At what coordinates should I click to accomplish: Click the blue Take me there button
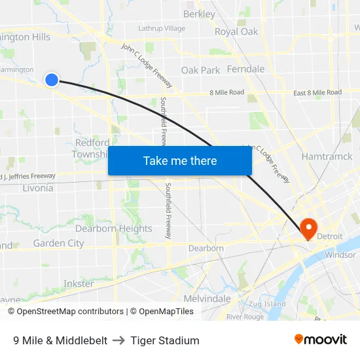[180, 160]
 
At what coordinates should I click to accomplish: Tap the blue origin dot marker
[52, 80]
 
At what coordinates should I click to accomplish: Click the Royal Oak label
[236, 31]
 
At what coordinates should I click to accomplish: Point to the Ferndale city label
[245, 69]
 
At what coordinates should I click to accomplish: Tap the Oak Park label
[200, 70]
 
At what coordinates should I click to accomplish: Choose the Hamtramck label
[327, 156]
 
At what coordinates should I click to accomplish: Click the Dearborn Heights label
[113, 228]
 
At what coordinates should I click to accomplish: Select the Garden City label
[58, 243]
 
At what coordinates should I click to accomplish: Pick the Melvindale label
[207, 298]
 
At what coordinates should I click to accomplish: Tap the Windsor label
[340, 255]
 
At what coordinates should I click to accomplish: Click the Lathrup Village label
[162, 28]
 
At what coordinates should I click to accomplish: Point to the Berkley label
[199, 14]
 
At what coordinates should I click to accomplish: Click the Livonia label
[37, 188]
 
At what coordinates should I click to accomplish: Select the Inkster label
[79, 283]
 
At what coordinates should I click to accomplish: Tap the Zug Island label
[267, 304]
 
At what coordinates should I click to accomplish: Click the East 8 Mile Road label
[317, 93]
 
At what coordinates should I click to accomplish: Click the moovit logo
[321, 339]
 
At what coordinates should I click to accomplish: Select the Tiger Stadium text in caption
[164, 340]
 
